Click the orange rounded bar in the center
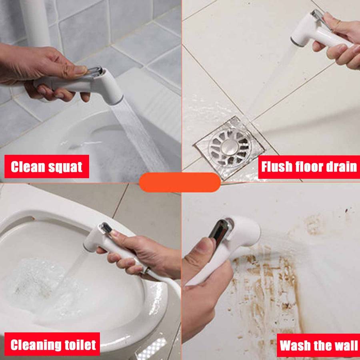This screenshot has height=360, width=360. pyautogui.click(x=180, y=182)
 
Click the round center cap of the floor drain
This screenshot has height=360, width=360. pyautogui.click(x=230, y=145)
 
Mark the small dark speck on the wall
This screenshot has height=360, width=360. pyautogui.click(x=347, y=210)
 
